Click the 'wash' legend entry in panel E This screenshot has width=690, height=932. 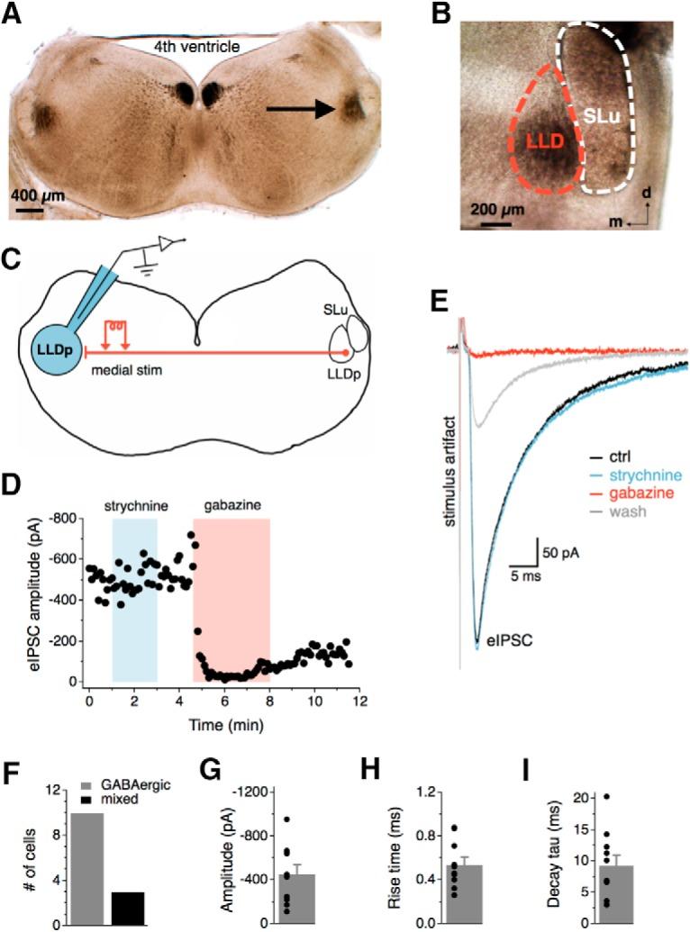coord(607,513)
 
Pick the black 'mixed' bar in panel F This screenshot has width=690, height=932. coord(128,908)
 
